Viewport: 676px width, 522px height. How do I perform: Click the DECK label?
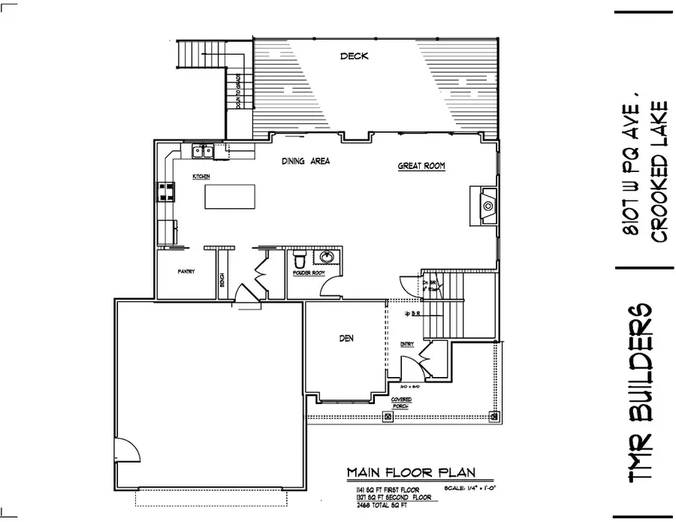point(354,56)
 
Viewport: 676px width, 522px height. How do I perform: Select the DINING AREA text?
point(306,161)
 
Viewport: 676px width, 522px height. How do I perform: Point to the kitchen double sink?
point(202,152)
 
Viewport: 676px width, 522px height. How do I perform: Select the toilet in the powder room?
point(298,259)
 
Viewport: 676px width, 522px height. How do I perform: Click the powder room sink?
point(327,258)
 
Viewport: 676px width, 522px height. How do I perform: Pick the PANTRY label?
point(186,272)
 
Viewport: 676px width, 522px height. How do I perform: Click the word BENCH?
point(222,279)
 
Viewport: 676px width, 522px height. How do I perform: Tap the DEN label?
point(346,339)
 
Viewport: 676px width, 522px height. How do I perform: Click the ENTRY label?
point(407,345)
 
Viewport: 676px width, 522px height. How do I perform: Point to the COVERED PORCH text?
point(400,403)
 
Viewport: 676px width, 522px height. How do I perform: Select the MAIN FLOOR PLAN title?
point(409,472)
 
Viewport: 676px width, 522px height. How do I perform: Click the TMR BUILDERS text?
point(642,394)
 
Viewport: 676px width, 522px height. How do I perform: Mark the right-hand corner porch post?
point(494,415)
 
